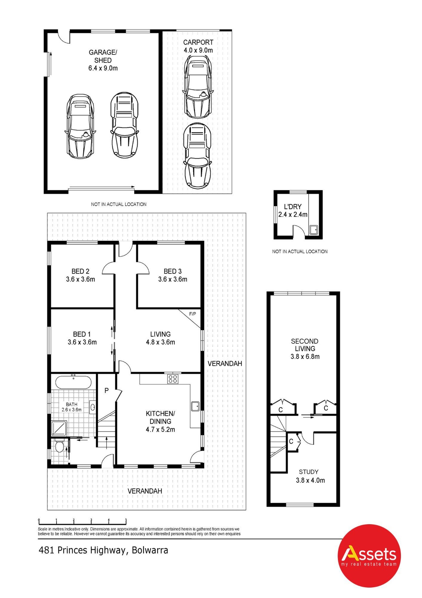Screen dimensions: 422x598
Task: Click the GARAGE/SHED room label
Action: tap(103, 56)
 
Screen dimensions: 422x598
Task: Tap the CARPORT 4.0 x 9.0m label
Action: tap(198, 46)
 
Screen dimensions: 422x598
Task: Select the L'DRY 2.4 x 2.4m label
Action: tap(293, 210)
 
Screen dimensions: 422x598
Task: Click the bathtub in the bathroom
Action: tap(74, 382)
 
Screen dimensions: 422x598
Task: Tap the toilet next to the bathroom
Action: tap(60, 447)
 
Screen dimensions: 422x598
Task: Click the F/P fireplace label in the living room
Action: tap(192, 314)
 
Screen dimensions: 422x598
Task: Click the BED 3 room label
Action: tap(173, 271)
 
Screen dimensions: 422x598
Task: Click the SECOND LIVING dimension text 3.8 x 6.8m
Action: tap(305, 356)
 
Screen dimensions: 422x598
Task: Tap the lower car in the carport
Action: tap(197, 156)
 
